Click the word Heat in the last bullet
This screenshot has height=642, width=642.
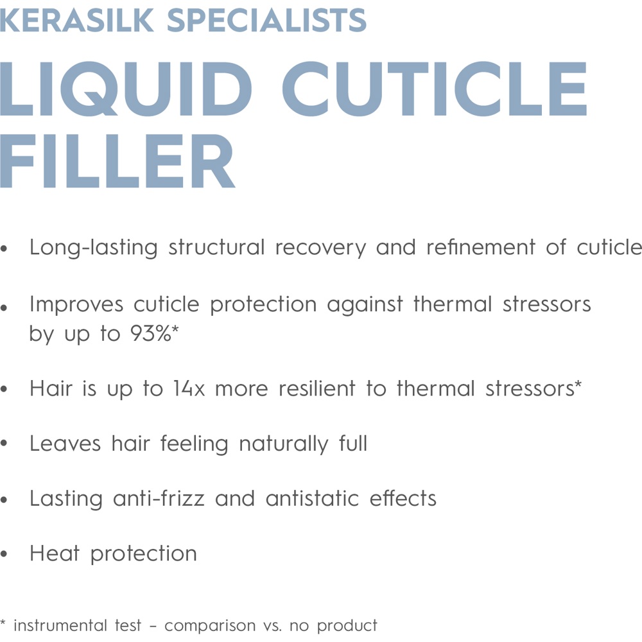pyautogui.click(x=54, y=553)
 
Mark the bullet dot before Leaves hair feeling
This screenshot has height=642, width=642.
pyautogui.click(x=5, y=445)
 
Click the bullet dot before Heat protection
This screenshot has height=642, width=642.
pyautogui.click(x=5, y=555)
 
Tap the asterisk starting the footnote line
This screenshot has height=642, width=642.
pyautogui.click(x=4, y=623)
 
